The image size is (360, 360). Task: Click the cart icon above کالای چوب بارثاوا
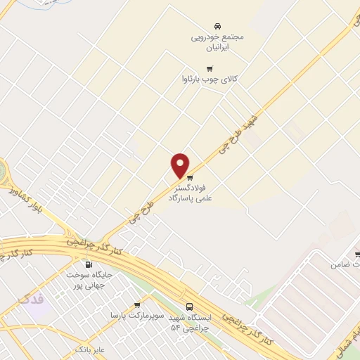209,68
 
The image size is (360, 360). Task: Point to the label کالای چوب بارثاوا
209,80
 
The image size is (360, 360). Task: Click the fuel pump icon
89,265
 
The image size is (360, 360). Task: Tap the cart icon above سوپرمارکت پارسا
136,305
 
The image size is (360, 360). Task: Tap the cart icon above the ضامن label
357,254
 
